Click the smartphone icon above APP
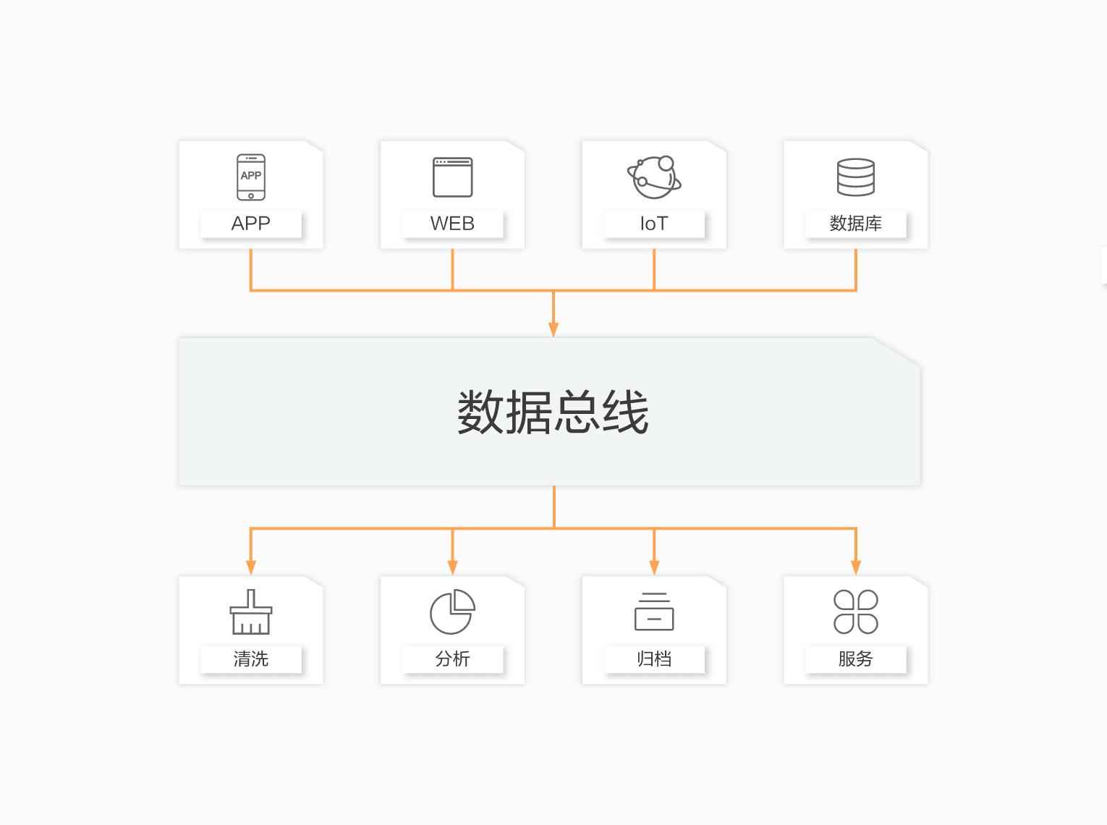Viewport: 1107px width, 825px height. point(250,177)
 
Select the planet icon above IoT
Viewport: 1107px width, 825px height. point(654,177)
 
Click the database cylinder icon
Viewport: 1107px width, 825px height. point(855,177)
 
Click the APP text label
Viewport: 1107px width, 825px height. point(250,223)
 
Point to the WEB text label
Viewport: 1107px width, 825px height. point(452,223)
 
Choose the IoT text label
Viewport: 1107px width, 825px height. point(654,223)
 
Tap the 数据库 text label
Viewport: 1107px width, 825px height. point(855,223)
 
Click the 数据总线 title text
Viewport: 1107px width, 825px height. point(553,412)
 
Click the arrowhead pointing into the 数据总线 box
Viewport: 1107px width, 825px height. point(553,330)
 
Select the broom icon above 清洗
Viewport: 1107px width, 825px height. point(250,612)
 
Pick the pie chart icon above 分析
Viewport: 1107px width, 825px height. point(452,612)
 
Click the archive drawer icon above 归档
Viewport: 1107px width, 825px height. point(654,612)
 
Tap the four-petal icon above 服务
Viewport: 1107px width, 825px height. point(855,612)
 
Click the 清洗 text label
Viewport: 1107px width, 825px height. point(250,659)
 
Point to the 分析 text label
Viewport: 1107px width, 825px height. point(452,659)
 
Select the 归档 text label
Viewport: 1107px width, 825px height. point(654,659)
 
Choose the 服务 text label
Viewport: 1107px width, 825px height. point(855,659)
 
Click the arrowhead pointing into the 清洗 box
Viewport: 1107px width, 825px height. point(250,568)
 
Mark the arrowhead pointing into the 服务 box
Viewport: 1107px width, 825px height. point(855,568)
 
